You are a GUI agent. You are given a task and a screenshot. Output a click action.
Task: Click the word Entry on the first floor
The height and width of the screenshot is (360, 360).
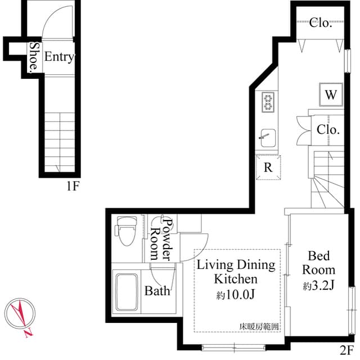(59, 57)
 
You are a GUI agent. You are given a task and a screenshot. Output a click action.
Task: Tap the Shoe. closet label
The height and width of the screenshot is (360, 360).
(34, 57)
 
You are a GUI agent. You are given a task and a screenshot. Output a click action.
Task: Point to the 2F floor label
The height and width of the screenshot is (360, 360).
(345, 348)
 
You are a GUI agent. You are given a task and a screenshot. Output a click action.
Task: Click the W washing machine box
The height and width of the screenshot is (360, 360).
(331, 94)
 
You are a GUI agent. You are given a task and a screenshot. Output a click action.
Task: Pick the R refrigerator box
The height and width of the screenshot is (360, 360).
(268, 167)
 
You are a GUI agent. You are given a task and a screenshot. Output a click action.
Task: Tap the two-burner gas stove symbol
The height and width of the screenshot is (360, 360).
(267, 102)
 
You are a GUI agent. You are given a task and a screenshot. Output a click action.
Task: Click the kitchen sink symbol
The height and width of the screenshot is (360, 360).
(267, 136)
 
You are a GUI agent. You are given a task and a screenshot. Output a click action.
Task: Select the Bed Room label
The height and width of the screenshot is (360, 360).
(318, 263)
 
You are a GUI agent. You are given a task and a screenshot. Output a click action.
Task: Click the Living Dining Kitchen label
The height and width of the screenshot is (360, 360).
(235, 271)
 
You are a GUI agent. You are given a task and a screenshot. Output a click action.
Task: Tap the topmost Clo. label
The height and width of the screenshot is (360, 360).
(321, 23)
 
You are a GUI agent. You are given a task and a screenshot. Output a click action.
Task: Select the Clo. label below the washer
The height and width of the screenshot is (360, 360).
(327, 129)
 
